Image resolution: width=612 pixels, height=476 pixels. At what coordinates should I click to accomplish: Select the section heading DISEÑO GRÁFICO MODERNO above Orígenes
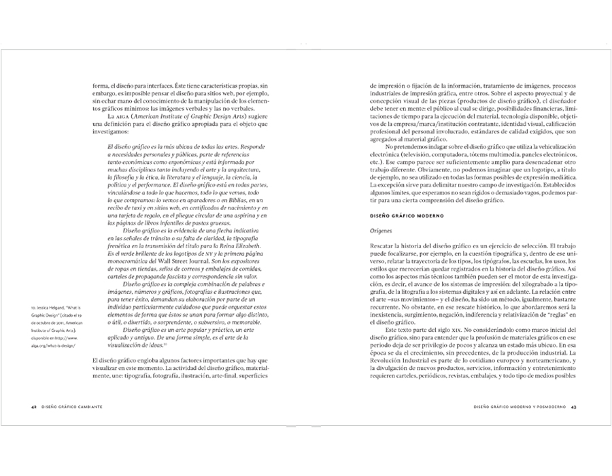point(407,216)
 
